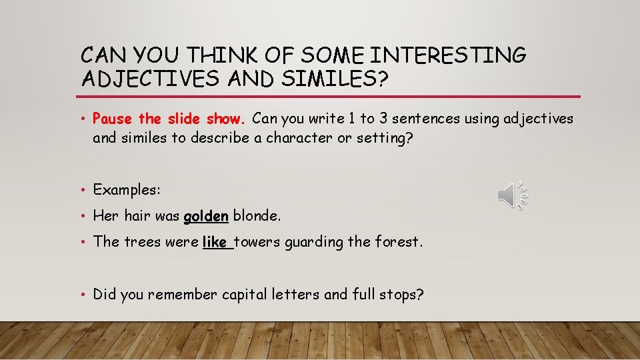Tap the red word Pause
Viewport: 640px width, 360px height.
113,119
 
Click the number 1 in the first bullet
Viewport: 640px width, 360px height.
352,119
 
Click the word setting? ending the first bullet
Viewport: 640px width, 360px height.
401,138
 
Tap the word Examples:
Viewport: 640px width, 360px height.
127,190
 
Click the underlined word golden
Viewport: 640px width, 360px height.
206,216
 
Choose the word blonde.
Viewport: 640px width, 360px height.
257,216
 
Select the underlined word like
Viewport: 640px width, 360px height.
215,242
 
